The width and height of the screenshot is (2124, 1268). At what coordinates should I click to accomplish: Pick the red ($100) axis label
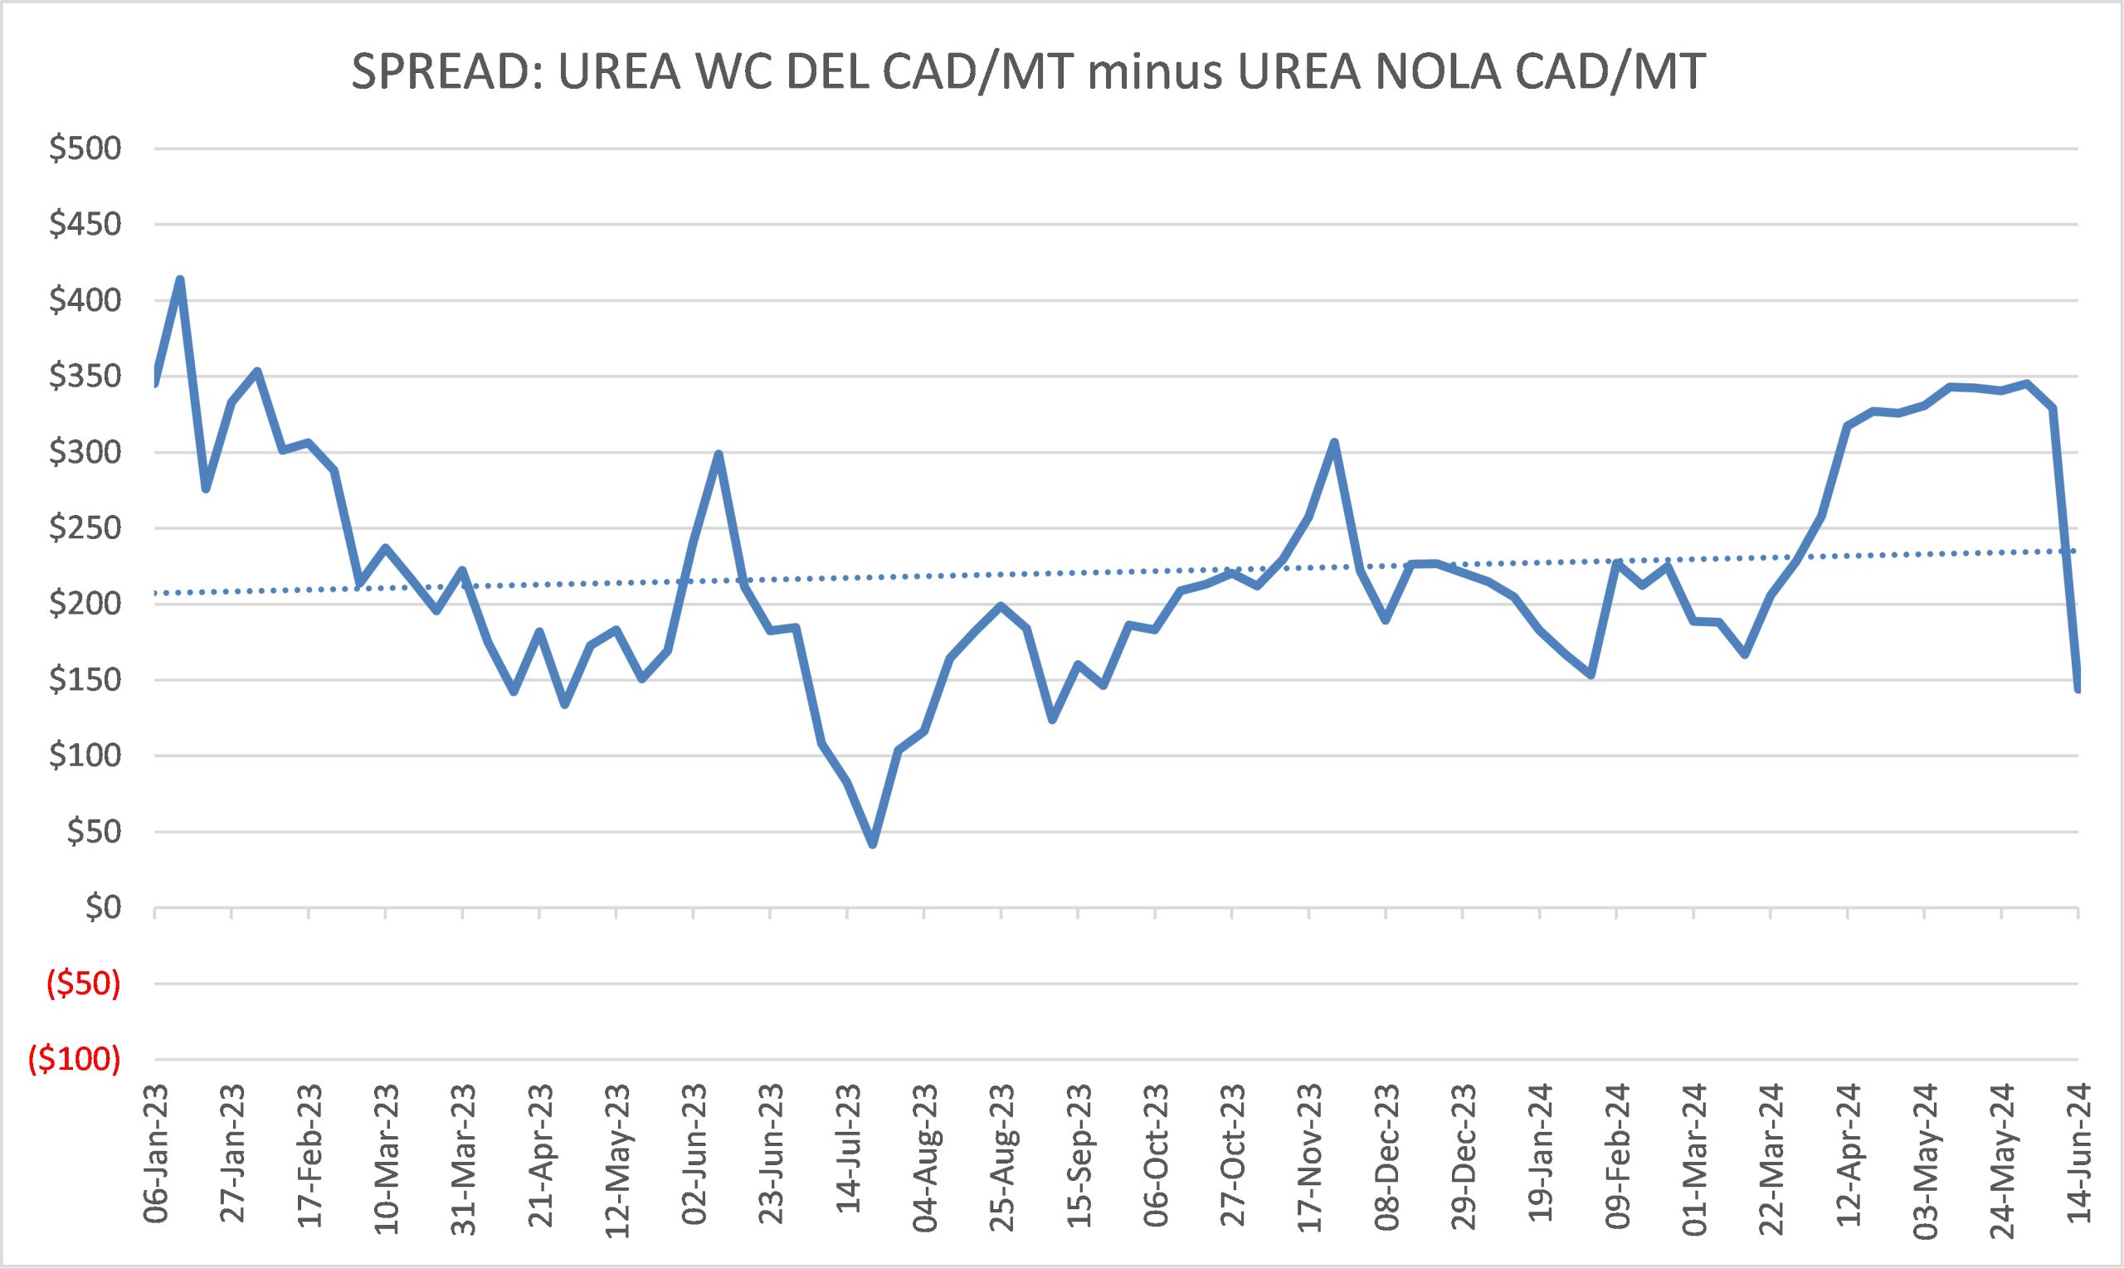[76, 1060]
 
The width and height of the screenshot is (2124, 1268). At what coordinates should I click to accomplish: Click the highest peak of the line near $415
[180, 279]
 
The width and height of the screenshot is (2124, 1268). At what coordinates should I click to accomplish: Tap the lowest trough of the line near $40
[873, 845]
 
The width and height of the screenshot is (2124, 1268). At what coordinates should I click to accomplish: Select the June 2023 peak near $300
[719, 454]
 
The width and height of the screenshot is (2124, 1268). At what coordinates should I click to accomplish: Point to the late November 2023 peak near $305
[1334, 442]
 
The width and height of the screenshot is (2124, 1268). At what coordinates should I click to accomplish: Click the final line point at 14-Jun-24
[2078, 688]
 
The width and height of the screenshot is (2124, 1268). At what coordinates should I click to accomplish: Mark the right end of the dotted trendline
[2077, 551]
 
